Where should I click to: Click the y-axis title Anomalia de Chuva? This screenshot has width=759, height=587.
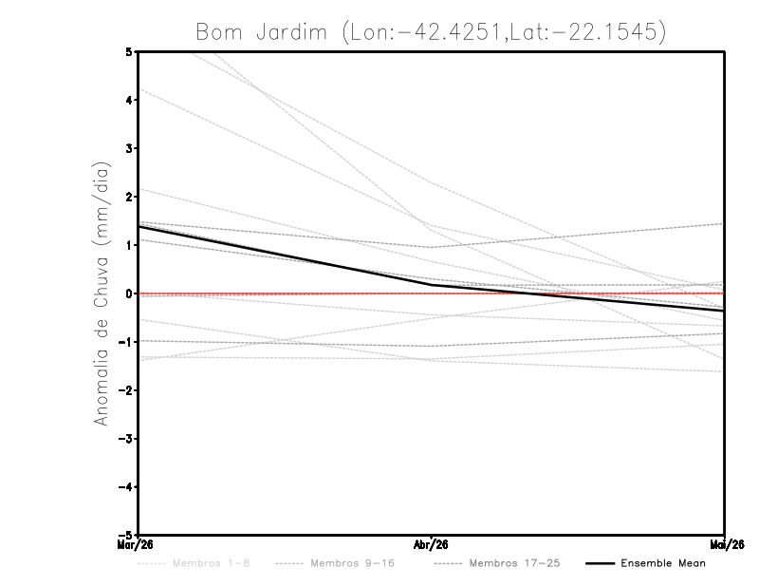coord(101,293)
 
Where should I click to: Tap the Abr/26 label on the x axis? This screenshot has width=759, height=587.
coord(432,543)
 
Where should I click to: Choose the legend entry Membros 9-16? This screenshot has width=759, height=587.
coord(353,563)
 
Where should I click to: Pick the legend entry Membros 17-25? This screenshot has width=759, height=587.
coord(515,563)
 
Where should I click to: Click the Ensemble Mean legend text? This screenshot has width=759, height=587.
coord(663,563)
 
